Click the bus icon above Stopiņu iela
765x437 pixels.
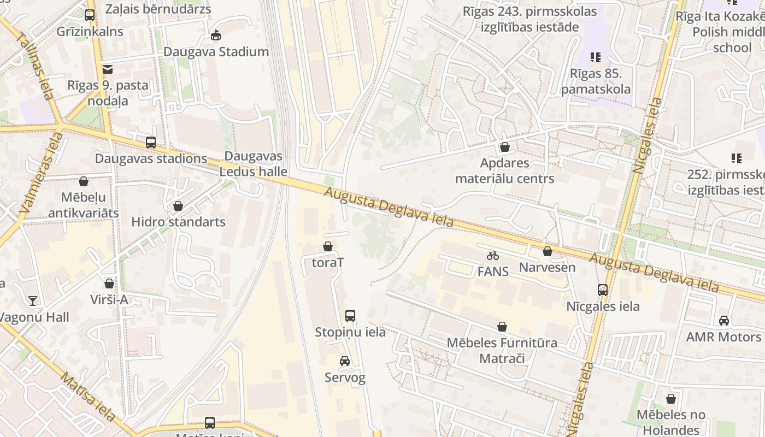350,315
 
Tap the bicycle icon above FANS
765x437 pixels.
493,255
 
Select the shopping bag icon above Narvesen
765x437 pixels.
547,251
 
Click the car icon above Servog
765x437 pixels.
345,361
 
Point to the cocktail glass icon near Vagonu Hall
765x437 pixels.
33,300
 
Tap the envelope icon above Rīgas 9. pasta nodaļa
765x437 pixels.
107,69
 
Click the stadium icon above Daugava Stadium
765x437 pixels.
216,36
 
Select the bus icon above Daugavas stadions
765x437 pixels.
151,143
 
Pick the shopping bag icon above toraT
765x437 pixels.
328,246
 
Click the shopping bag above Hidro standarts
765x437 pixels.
178,206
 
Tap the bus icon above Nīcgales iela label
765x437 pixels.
603,290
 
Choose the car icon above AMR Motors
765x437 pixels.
724,321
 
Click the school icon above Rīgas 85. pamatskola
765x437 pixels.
595,57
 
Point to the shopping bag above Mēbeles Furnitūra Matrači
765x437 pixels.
502,327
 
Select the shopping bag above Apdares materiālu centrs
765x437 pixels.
504,147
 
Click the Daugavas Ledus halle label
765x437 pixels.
254,163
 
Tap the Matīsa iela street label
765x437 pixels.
87,397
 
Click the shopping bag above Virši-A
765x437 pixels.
109,284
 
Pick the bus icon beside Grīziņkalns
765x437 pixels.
90,15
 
